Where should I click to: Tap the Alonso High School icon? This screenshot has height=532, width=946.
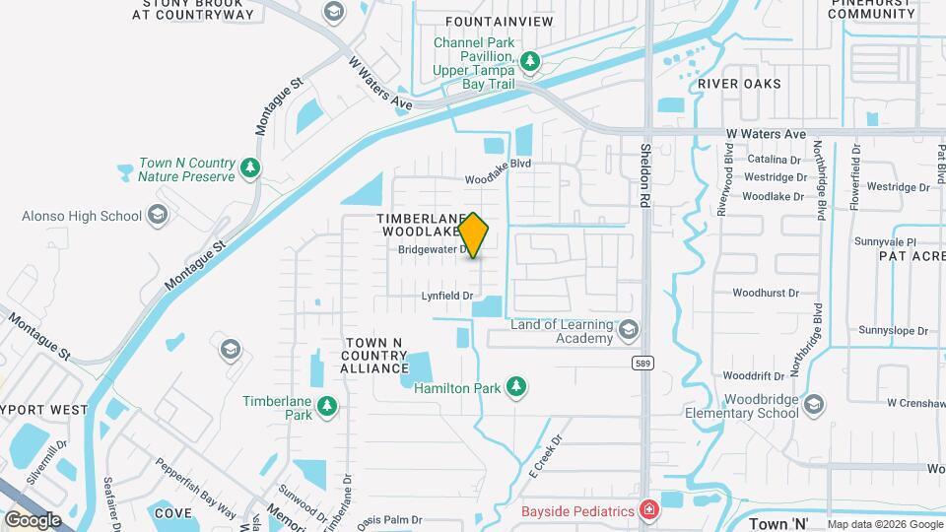pyautogui.click(x=158, y=216)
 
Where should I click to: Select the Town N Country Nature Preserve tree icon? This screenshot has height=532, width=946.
pyautogui.click(x=250, y=167)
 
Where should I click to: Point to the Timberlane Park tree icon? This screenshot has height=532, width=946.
pyautogui.click(x=326, y=406)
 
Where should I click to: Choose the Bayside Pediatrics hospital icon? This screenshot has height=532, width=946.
pyautogui.click(x=648, y=510)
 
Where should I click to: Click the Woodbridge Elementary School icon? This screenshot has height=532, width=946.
pyautogui.click(x=814, y=404)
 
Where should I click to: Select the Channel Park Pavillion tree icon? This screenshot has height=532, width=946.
pyautogui.click(x=530, y=62)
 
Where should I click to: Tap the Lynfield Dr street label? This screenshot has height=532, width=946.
pyautogui.click(x=448, y=296)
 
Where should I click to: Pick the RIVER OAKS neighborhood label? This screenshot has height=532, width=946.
pyautogui.click(x=739, y=84)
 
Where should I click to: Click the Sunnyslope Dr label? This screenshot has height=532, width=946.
pyautogui.click(x=894, y=330)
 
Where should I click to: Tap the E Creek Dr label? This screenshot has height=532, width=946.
pyautogui.click(x=549, y=452)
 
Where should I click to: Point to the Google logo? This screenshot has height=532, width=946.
pyautogui.click(x=33, y=519)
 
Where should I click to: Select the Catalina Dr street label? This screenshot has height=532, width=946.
pyautogui.click(x=773, y=159)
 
